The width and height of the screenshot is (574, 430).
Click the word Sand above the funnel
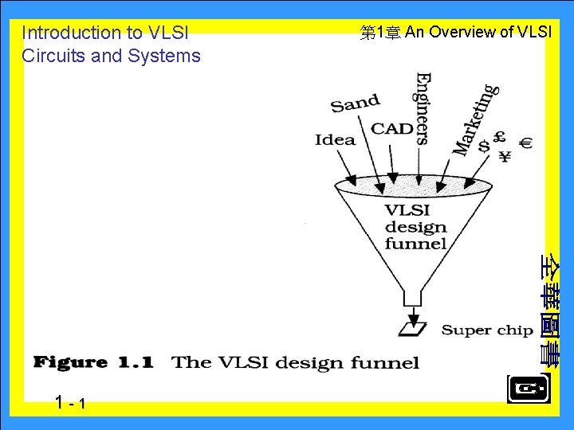coord(355,103)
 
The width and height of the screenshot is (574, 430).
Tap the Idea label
coord(335,139)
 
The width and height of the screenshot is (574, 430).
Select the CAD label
coord(392,128)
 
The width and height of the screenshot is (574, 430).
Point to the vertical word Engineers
coord(423,108)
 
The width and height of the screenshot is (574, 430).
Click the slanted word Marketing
coord(476,119)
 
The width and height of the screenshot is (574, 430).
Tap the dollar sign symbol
coord(484,146)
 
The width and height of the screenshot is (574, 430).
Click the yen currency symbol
coord(505,156)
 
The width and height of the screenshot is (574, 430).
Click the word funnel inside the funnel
coord(415,243)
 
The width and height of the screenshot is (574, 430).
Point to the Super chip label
coord(486,330)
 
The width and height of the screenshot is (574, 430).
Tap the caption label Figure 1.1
coord(92,362)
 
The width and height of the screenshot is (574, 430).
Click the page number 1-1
coord(71,404)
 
